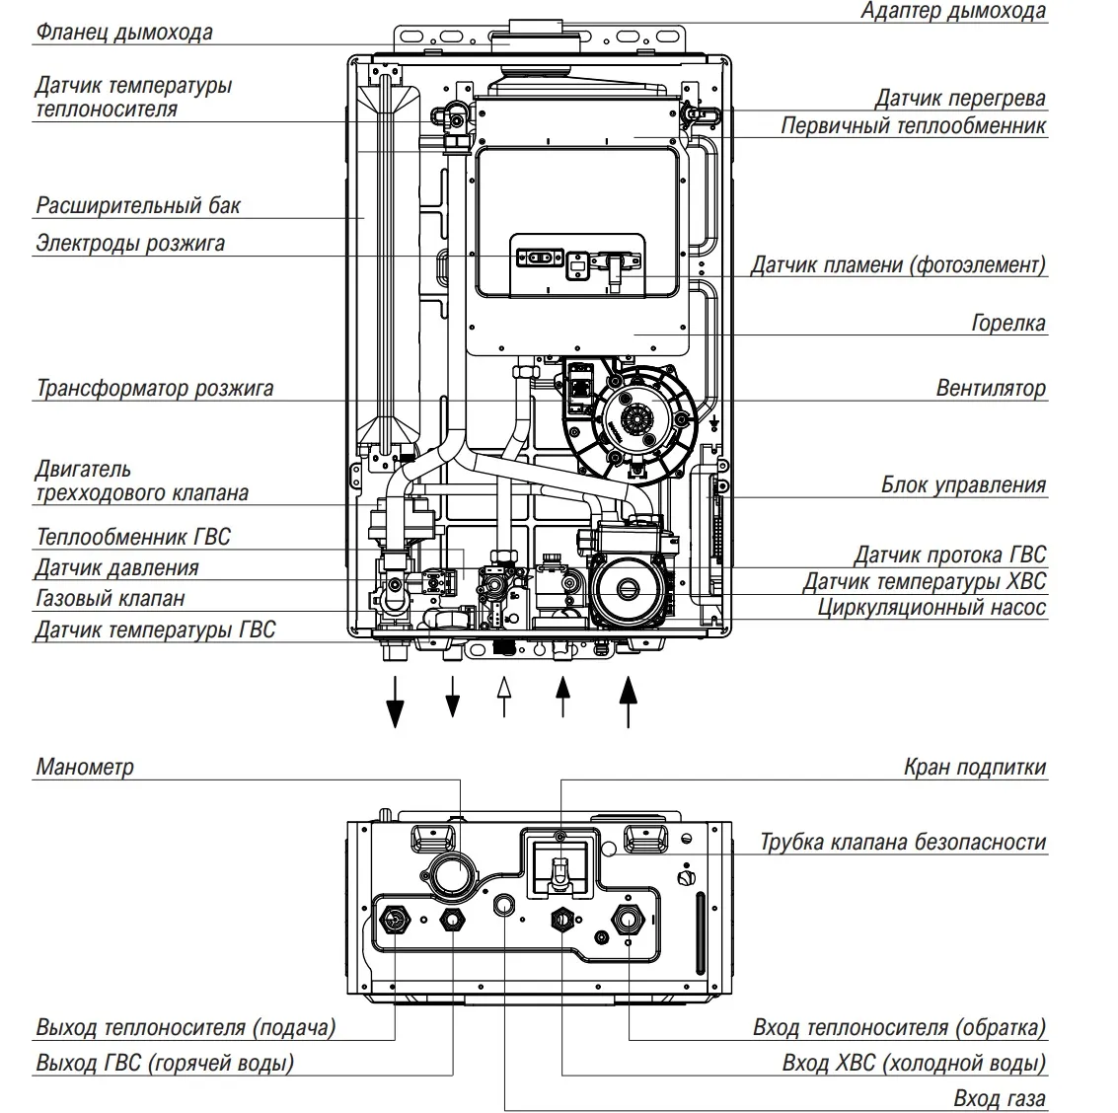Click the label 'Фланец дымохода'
(x=123, y=33)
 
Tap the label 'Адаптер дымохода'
(x=952, y=12)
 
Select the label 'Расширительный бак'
(x=138, y=206)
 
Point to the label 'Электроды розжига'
(x=130, y=243)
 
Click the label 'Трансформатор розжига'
(x=155, y=388)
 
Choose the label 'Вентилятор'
(x=990, y=388)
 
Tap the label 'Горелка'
(x=1007, y=323)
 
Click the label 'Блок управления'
(x=962, y=484)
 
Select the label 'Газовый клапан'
(x=110, y=598)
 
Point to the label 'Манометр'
(x=85, y=767)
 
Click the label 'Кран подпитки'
(x=974, y=767)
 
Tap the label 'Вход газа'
(x=999, y=1098)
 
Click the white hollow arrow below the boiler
(x=504, y=695)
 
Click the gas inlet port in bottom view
(x=505, y=905)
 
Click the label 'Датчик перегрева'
(x=959, y=99)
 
